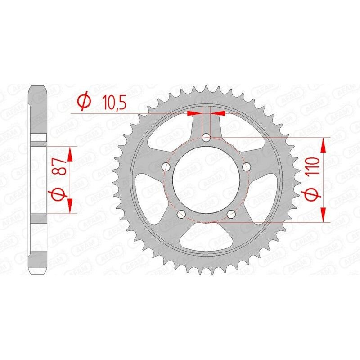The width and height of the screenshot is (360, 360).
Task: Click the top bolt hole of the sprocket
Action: click(x=206, y=138)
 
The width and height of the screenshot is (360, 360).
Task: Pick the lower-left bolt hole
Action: click(x=182, y=213)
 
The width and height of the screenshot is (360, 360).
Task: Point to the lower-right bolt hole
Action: click(x=231, y=213)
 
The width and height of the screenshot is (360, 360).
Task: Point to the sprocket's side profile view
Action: click(x=39, y=180)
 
